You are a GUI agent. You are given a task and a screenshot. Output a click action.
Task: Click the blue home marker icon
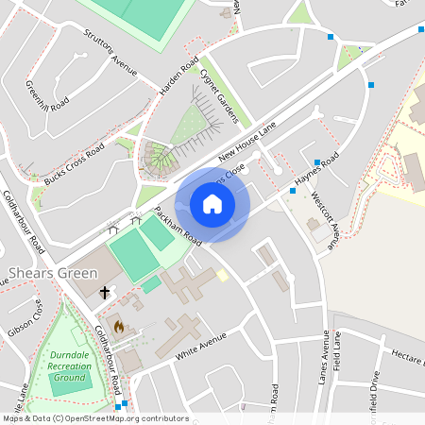point(212,203)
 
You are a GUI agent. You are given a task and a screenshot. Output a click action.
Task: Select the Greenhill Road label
point(47,91)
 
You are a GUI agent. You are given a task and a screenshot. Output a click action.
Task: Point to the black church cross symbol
point(104,294)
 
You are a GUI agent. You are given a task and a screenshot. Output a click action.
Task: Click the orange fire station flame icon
point(118,326)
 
